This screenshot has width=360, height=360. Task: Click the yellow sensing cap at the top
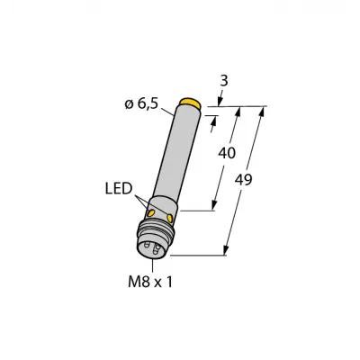pos(190,103)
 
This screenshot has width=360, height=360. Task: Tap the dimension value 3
pos(224,81)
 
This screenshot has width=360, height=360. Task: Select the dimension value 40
pos(227,153)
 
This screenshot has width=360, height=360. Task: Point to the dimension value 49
pos(244,180)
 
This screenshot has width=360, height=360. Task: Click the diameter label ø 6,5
pos(141,104)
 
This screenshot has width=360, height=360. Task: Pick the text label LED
pos(119,189)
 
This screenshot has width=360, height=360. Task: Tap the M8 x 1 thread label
pos(150,282)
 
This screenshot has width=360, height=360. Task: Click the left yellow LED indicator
pos(150,213)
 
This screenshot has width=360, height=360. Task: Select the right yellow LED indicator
pos(170,218)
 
